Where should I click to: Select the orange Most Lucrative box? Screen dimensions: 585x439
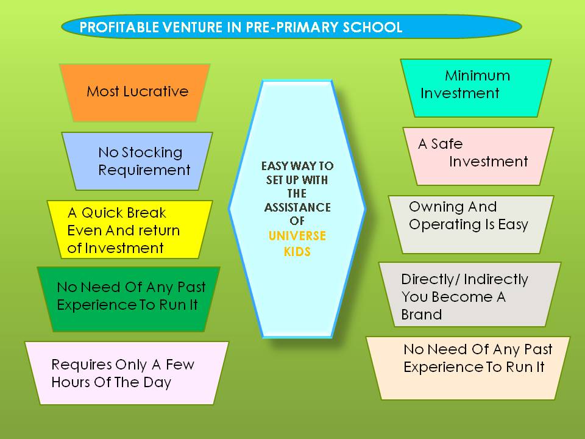135,93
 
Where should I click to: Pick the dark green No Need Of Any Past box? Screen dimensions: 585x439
129,299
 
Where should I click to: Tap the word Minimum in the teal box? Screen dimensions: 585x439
477,76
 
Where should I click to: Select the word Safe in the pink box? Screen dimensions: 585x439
447,144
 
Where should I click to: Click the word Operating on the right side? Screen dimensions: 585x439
445,225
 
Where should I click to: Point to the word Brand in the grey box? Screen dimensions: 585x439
422,315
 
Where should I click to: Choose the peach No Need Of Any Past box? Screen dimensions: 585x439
468,368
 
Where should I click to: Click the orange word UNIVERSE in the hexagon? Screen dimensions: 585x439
297,236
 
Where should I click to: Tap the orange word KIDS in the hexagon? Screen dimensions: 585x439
297,252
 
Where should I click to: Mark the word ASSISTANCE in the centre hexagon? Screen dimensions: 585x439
297,207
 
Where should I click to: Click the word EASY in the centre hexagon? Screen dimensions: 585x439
275,166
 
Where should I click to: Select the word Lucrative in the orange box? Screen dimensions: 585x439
156,91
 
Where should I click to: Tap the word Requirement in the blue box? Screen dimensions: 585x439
144,170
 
